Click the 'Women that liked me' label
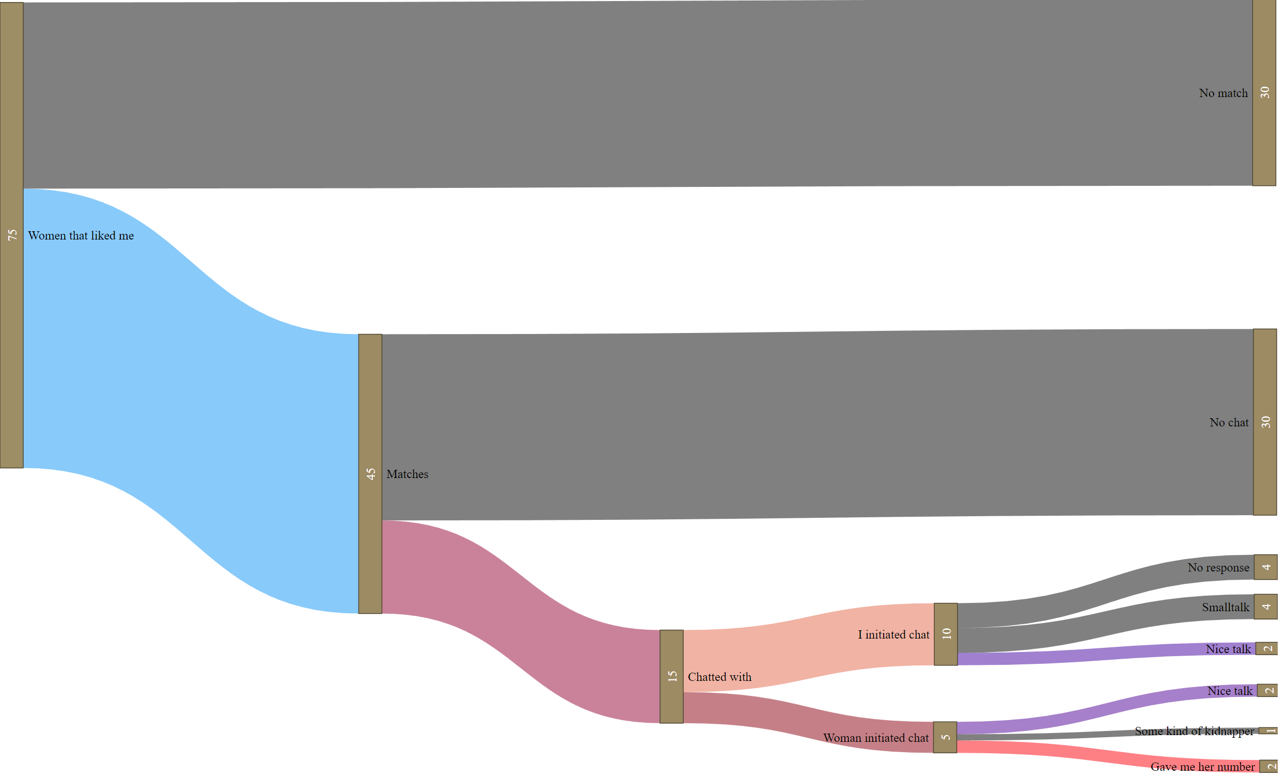click(x=81, y=236)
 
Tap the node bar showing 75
click(x=11, y=235)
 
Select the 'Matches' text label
click(x=408, y=474)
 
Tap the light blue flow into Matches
click(x=191, y=401)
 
